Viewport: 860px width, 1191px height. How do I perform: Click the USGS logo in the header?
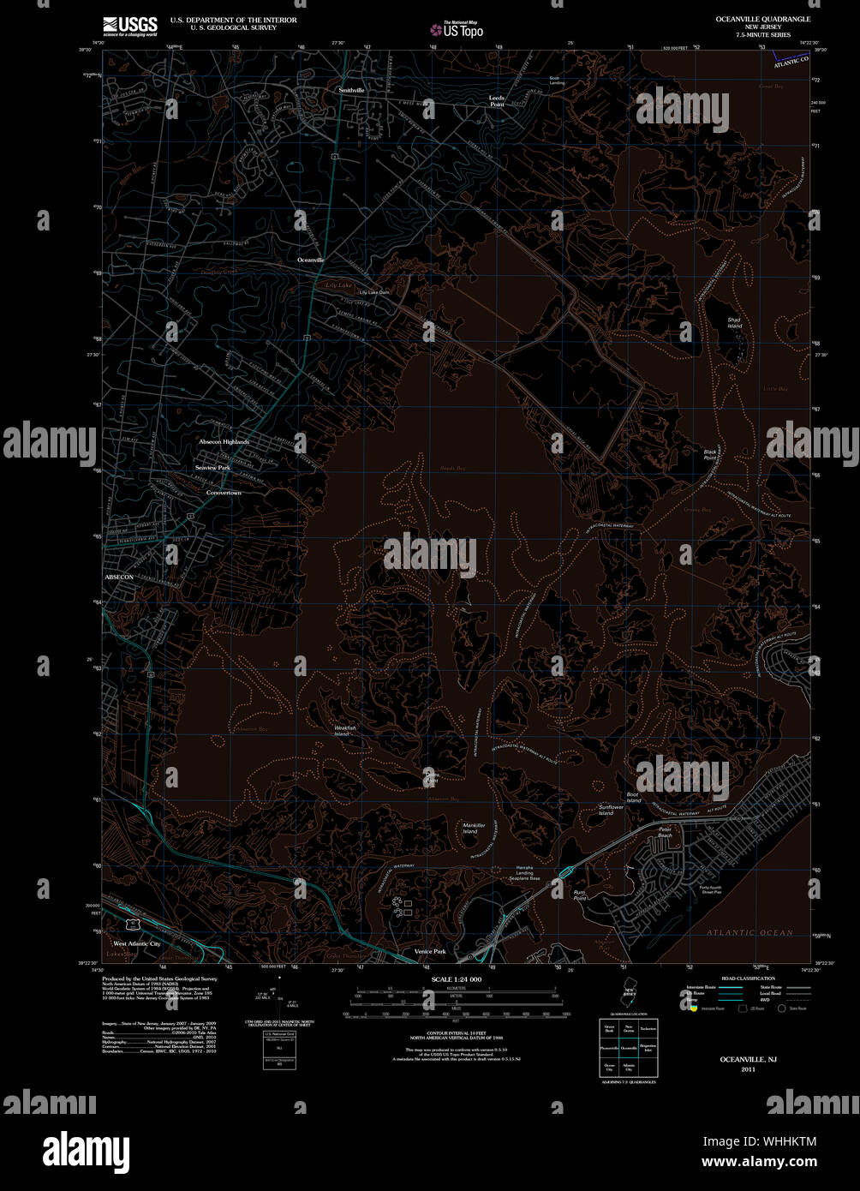pos(128,25)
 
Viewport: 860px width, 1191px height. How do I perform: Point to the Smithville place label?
pos(351,90)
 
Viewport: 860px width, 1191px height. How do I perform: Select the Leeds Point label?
pos(497,101)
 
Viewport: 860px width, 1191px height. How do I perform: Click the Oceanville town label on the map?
pos(311,260)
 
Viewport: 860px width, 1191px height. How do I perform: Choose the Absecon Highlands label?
pos(224,442)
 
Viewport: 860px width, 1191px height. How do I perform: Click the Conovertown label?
pos(224,494)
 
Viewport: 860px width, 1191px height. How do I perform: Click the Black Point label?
pos(710,454)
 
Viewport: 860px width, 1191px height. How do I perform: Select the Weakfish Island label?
pos(344,730)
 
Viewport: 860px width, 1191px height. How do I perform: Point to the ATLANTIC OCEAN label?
pos(750,932)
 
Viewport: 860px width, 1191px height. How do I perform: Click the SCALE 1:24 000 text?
pos(457,979)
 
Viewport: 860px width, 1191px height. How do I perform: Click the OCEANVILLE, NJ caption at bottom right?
pos(748,1061)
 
